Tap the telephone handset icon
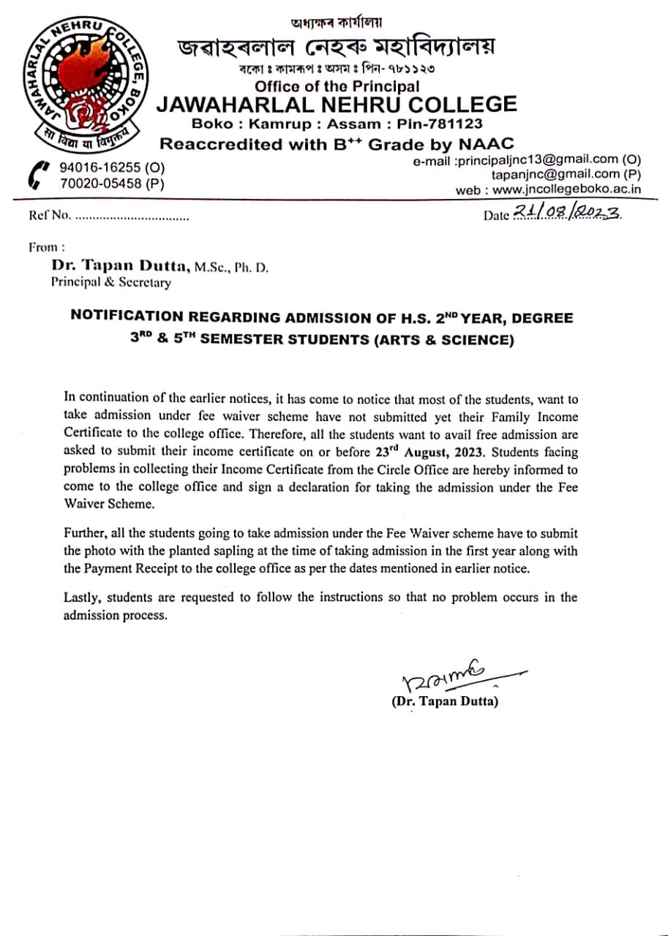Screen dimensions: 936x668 click(x=35, y=176)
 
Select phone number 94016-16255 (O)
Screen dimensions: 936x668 click(x=112, y=168)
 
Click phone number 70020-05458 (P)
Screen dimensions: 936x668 click(x=112, y=184)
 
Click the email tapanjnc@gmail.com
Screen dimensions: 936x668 click(x=558, y=174)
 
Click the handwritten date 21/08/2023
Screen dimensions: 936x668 click(x=567, y=212)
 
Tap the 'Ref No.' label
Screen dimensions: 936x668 click(x=49, y=216)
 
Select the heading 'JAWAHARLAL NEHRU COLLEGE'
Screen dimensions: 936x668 click(x=337, y=104)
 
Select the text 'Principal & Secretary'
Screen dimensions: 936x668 click(x=110, y=282)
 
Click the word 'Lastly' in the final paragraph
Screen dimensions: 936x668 click(x=80, y=597)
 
